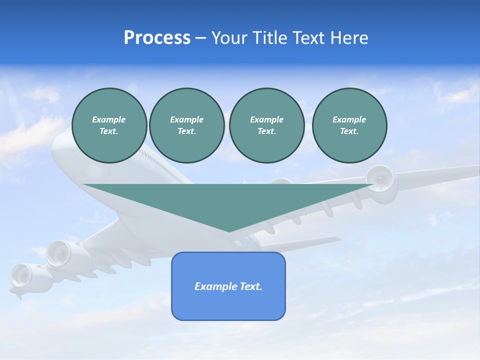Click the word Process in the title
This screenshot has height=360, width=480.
coord(157,38)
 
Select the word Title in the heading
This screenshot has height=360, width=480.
coord(271,38)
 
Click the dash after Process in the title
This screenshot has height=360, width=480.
coord(201,38)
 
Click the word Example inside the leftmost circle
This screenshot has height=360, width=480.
coord(109,119)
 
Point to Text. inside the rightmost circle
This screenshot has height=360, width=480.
coord(349,131)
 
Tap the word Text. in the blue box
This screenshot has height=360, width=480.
coord(250,286)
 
